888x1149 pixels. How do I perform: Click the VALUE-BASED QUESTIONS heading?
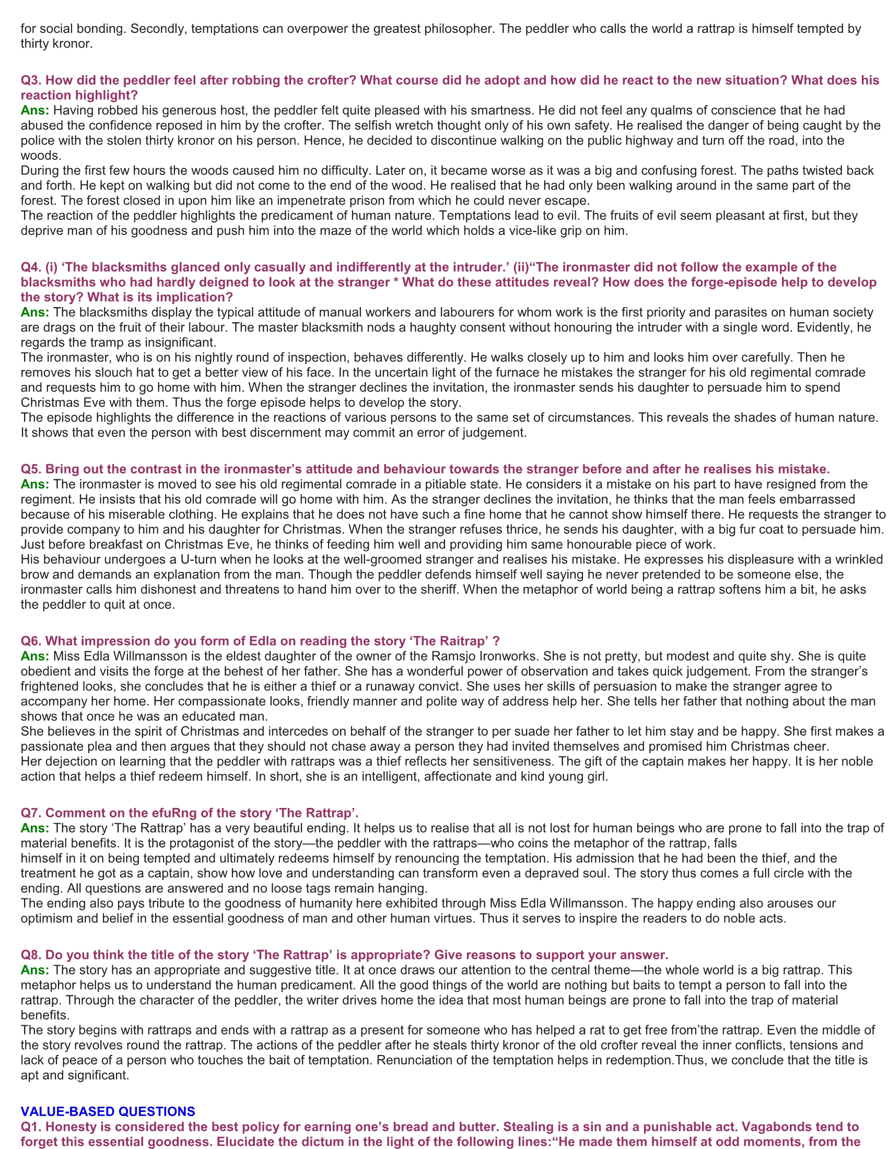[x=108, y=1111]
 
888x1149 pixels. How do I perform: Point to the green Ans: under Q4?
[x=34, y=312]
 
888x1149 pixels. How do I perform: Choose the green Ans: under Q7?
[x=34, y=828]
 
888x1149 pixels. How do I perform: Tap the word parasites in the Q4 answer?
[x=720, y=312]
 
